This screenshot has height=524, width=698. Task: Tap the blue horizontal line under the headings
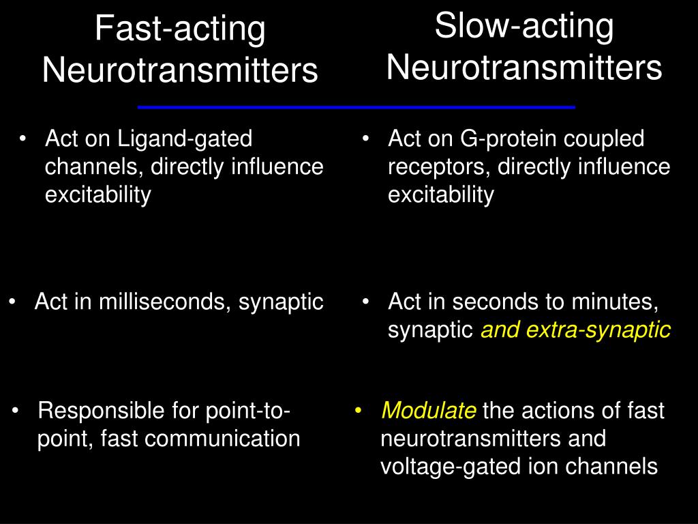[356, 107]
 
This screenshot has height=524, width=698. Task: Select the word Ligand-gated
[185, 139]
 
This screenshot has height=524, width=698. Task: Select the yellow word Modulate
[429, 411]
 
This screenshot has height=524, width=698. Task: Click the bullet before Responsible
[16, 411]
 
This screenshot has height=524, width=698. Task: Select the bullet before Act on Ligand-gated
[24, 139]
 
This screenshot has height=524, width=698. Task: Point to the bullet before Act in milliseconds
[13, 302]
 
